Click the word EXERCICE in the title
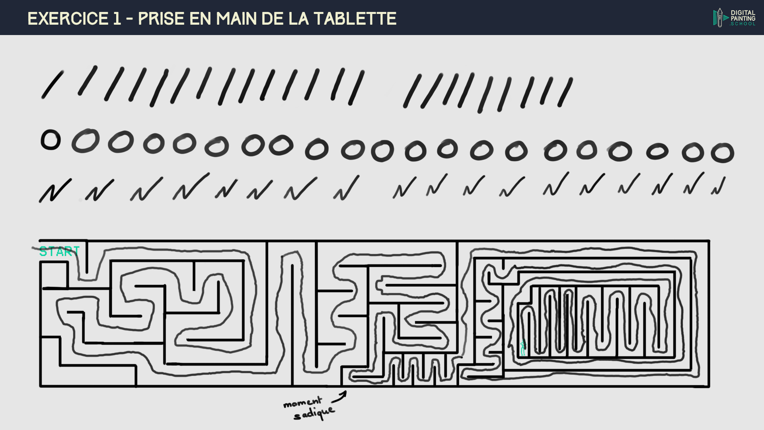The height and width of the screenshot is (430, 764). point(68,19)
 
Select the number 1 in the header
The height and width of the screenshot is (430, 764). point(117,19)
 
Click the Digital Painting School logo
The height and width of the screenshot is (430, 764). point(734,18)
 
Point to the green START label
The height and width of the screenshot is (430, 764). point(59,252)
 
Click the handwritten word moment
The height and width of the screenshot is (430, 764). point(302,403)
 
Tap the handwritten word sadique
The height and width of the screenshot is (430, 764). point(314,413)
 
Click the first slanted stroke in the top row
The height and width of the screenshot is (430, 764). point(53,85)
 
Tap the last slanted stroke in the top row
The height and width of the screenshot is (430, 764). point(565,92)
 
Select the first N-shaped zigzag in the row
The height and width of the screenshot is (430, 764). point(55,191)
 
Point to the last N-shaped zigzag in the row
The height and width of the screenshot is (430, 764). point(719,186)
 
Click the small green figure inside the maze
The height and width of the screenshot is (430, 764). point(522,348)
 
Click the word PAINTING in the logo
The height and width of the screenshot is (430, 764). point(743,18)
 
